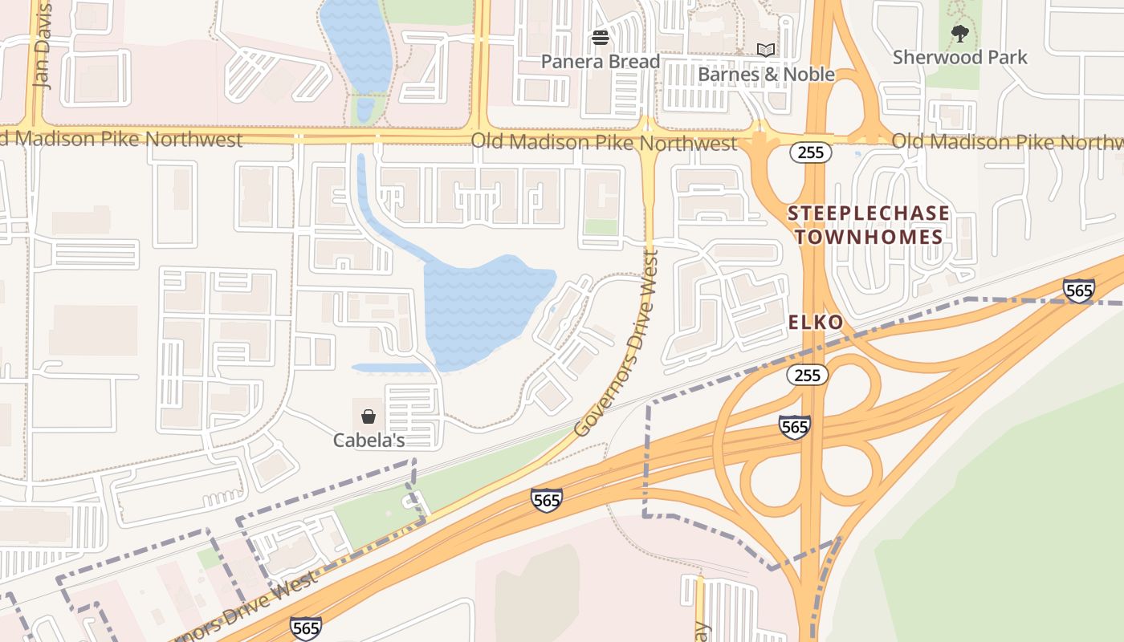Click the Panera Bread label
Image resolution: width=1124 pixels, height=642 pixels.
click(600, 62)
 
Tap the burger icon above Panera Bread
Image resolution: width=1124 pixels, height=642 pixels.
click(600, 38)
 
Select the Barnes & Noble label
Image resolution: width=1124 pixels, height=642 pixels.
click(766, 75)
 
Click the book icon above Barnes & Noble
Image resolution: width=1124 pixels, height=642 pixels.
click(766, 51)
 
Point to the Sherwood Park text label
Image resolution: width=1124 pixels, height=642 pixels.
click(959, 58)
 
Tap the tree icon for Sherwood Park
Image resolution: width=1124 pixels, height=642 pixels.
click(959, 34)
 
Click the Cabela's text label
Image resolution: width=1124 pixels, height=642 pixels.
click(369, 441)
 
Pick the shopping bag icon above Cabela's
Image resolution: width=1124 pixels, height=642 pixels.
click(369, 416)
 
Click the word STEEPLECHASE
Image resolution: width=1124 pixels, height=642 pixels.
click(868, 213)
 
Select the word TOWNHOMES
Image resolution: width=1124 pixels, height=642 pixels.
click(868, 237)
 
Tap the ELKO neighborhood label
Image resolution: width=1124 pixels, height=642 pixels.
click(816, 323)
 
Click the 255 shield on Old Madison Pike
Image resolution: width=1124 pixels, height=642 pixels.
click(810, 152)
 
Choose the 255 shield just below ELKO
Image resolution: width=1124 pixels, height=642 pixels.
click(807, 375)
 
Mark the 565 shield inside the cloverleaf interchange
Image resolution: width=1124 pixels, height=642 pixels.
click(794, 427)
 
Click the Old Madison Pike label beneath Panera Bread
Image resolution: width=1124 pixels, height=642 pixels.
click(603, 143)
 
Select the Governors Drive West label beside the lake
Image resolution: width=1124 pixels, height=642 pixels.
click(617, 343)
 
